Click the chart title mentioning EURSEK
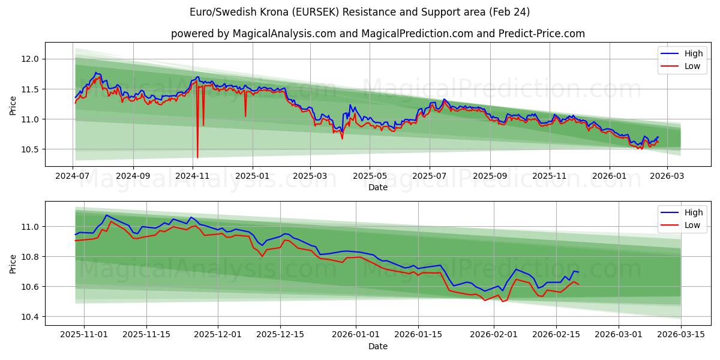coord(360,12)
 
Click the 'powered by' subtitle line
coord(378,34)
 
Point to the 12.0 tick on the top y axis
coord(31,59)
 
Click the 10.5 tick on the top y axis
coord(31,149)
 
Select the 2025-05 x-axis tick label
coord(370,176)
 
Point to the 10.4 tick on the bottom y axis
coord(31,317)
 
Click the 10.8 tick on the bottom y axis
coord(31,257)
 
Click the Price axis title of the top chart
coord(13,105)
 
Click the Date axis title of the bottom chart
coord(378,346)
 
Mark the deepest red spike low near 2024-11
coord(197,157)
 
